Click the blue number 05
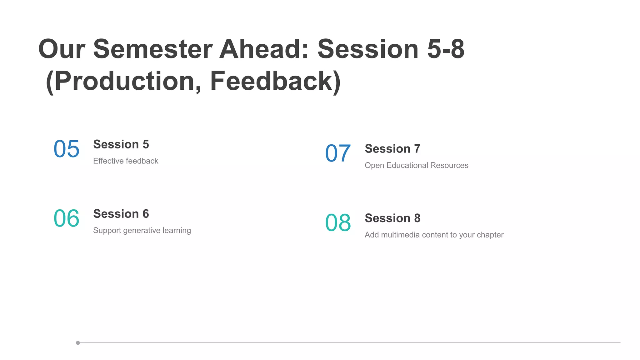click(67, 149)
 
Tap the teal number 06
click(67, 218)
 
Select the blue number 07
click(338, 153)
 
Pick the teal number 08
click(338, 223)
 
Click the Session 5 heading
click(121, 144)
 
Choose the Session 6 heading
click(121, 214)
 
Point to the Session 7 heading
click(392, 149)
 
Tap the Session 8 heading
click(392, 218)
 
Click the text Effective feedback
click(126, 161)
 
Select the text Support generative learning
click(142, 230)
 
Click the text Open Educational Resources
click(416, 165)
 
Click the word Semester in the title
click(153, 49)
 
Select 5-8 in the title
click(446, 49)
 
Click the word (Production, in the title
click(124, 81)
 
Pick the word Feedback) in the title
click(275, 81)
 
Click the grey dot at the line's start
click(78, 343)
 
